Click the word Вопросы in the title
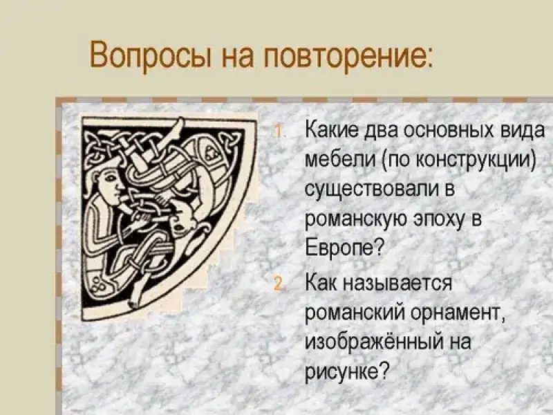coord(151,56)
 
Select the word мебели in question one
coord(340,160)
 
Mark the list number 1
coord(279,132)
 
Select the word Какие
coord(335,131)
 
